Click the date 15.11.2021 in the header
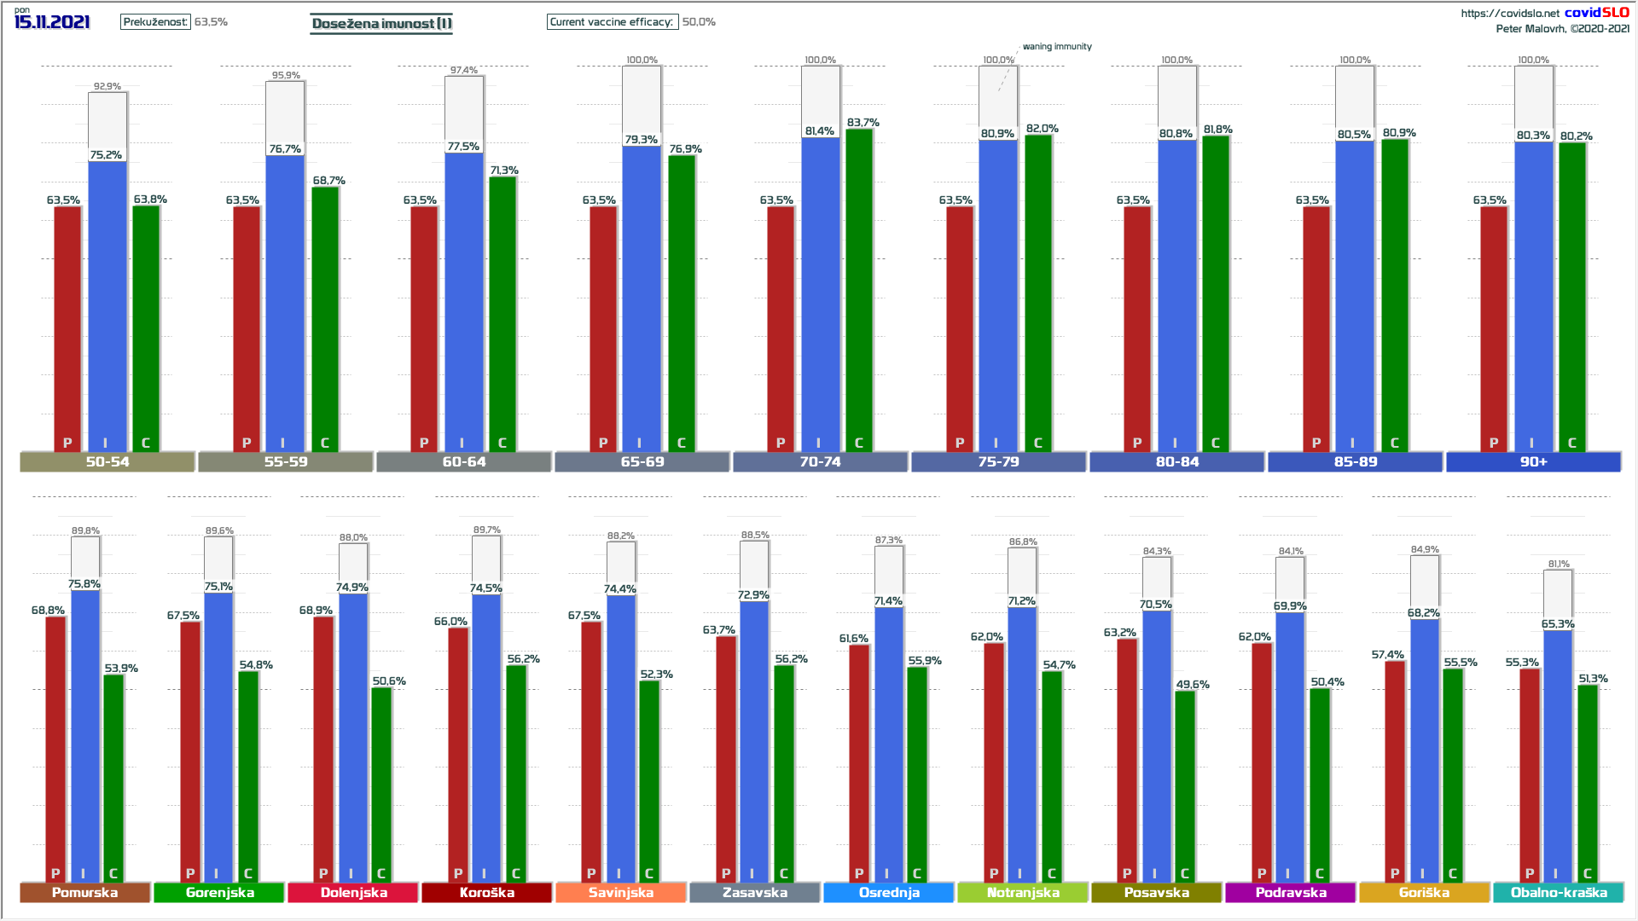click(x=52, y=21)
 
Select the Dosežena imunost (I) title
click(x=381, y=23)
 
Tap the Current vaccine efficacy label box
click(x=612, y=21)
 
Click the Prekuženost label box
click(x=155, y=21)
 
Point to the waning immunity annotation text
click(x=1057, y=47)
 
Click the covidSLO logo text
click(x=1596, y=12)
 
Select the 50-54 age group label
click(x=107, y=461)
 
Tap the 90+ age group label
click(x=1533, y=461)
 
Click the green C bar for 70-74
click(x=859, y=290)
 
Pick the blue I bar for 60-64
click(x=463, y=298)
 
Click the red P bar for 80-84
click(x=1137, y=328)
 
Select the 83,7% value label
click(x=863, y=123)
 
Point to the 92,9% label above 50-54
click(x=107, y=86)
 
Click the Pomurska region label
click(x=84, y=892)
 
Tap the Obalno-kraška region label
click(x=1559, y=892)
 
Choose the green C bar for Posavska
click(x=1185, y=785)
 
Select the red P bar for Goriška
click(x=1395, y=767)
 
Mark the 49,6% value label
click(x=1193, y=684)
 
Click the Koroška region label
click(x=487, y=892)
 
